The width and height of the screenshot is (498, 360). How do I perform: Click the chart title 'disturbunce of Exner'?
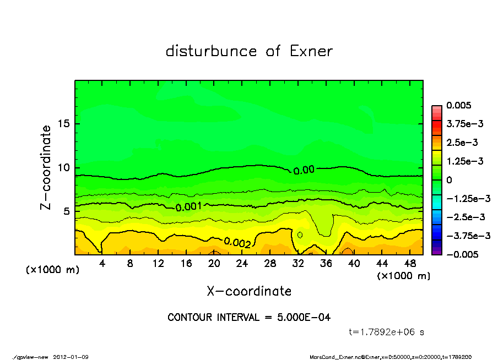pos(249,51)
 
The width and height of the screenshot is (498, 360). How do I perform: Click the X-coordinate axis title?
pos(249,291)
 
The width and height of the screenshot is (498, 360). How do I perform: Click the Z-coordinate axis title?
pos(46,167)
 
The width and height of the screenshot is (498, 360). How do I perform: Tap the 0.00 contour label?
pos(304,170)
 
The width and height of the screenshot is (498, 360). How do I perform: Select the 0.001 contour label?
pos(188,207)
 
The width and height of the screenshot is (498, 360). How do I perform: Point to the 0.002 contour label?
pos(237,242)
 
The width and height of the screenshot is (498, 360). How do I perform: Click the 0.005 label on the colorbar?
pos(460,105)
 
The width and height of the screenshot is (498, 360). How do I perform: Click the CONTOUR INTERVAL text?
pos(249,318)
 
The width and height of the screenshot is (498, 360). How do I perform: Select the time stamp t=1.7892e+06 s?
pos(387,332)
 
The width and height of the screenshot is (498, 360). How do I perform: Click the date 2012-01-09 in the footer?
pos(71,357)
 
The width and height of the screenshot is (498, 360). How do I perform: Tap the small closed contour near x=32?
pos(300,234)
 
